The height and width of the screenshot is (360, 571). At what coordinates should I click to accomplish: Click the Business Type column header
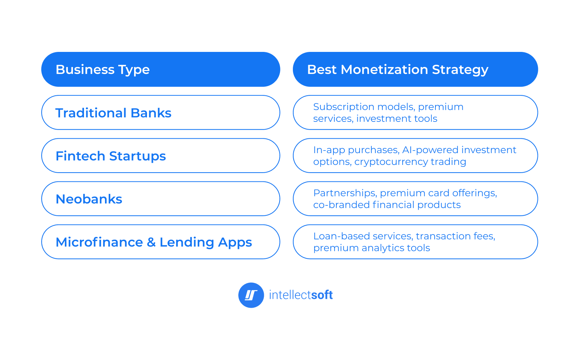click(x=102, y=70)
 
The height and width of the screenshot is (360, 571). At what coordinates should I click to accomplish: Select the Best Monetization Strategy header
click(x=397, y=70)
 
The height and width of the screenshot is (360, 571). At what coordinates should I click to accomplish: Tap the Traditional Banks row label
click(x=113, y=113)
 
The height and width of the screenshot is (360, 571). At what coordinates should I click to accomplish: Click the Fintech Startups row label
click(x=111, y=156)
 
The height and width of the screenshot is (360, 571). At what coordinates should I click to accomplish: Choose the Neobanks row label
click(x=89, y=199)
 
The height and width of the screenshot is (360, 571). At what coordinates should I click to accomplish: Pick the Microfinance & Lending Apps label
click(x=154, y=242)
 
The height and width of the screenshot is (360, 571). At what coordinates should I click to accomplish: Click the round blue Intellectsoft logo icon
click(x=251, y=295)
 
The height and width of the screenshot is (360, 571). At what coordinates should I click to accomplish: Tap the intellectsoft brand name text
click(x=301, y=295)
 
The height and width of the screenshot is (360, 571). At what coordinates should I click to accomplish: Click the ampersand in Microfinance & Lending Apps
click(x=151, y=242)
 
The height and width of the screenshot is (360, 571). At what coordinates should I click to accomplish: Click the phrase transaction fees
click(x=455, y=236)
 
